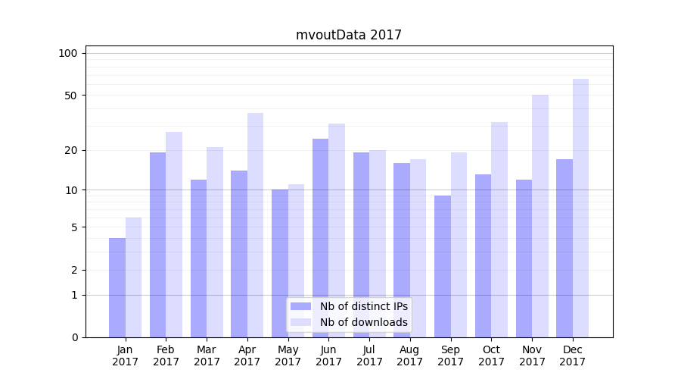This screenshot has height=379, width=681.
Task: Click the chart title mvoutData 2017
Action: tap(348, 35)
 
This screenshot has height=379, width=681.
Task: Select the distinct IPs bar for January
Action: tap(117, 288)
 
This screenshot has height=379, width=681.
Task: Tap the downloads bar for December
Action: tap(580, 208)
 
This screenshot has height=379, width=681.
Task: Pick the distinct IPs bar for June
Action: tap(320, 238)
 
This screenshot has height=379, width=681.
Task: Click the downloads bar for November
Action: tap(540, 216)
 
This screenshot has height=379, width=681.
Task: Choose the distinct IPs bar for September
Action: tap(443, 267)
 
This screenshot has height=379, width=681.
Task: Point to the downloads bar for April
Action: tap(255, 225)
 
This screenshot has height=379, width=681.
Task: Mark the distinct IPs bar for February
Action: tap(157, 245)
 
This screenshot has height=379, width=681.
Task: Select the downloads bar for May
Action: tap(296, 261)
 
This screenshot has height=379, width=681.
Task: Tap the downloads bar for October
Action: tap(499, 230)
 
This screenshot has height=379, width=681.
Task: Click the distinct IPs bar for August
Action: tap(402, 250)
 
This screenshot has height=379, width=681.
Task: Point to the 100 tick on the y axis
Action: tap(68, 53)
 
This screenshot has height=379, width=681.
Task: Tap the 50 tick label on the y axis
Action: tap(71, 96)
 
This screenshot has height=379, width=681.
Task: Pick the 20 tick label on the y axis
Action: tap(71, 150)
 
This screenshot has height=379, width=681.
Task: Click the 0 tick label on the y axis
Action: tap(74, 337)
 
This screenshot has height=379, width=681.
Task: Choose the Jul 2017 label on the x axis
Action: tap(369, 356)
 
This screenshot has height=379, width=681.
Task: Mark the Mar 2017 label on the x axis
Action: tap(207, 356)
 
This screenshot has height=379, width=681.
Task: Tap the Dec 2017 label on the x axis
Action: tap(573, 356)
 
